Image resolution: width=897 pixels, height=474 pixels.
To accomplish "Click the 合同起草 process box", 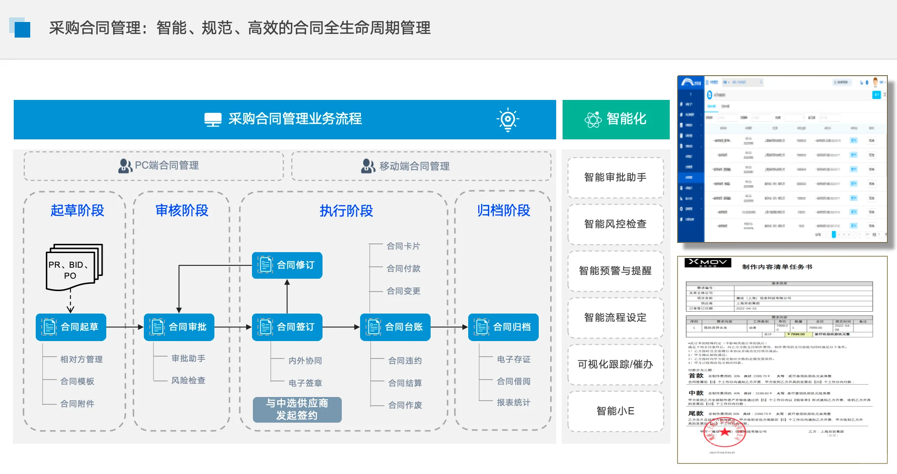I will [x=71, y=327].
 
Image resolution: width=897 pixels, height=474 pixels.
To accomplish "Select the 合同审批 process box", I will [x=179, y=327].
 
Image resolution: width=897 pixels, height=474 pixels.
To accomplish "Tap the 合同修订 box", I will [x=287, y=265].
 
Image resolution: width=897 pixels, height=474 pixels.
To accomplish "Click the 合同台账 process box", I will [x=395, y=327].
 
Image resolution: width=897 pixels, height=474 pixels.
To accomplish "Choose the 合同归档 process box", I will [x=503, y=327].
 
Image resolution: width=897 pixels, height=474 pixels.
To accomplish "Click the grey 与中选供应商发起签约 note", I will [x=297, y=409].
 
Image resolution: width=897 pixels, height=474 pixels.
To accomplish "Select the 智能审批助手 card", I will [x=615, y=177].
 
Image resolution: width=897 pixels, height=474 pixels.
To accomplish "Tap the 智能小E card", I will [x=615, y=411].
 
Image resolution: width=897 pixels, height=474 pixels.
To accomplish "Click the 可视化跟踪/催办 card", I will [x=615, y=364].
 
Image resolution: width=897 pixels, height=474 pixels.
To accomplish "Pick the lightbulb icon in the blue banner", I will [x=508, y=120].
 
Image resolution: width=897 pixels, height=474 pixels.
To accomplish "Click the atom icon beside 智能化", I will [x=593, y=120].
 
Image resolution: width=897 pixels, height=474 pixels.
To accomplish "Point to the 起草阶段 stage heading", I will [x=77, y=210].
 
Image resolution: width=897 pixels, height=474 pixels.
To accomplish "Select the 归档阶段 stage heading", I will [x=503, y=210].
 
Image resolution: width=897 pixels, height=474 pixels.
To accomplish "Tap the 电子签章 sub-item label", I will [x=305, y=383].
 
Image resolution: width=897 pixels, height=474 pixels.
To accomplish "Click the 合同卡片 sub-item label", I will [x=403, y=246].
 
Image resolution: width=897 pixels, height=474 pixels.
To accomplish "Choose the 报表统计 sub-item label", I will [x=514, y=402].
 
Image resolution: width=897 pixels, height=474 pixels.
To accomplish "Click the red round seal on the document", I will [x=724, y=433].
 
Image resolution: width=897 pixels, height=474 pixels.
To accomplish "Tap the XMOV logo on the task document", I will [x=708, y=263].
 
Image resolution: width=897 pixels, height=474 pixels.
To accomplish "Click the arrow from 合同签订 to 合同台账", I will [x=341, y=327].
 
